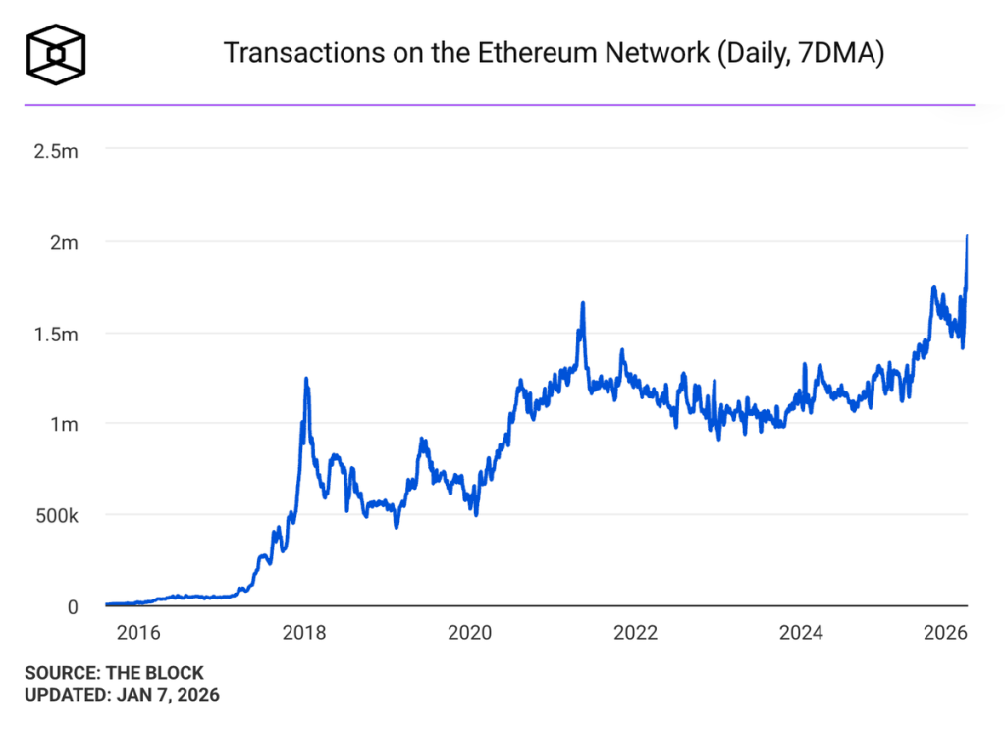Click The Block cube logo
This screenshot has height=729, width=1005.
56,52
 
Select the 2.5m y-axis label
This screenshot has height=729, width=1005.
58,151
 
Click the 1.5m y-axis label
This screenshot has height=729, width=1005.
58,334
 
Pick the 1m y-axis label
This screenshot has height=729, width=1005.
66,425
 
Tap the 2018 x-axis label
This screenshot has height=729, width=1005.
303,633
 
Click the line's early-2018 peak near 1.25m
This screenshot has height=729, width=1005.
306,379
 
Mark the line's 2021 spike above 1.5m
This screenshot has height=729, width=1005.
583,303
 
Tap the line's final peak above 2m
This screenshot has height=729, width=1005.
968,236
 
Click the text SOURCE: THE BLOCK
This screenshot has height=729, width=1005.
114,673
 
